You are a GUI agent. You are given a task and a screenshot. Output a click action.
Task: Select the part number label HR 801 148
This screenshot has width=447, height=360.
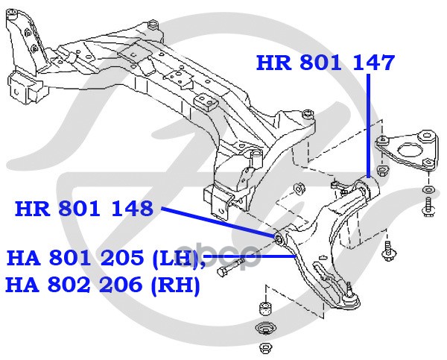point(83,208)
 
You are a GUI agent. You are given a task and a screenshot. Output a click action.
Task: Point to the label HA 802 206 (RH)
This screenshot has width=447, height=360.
point(103,285)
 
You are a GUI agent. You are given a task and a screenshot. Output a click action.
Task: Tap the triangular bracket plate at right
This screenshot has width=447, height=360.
point(408,149)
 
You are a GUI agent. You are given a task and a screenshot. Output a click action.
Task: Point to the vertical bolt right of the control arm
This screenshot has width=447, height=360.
point(388,252)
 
